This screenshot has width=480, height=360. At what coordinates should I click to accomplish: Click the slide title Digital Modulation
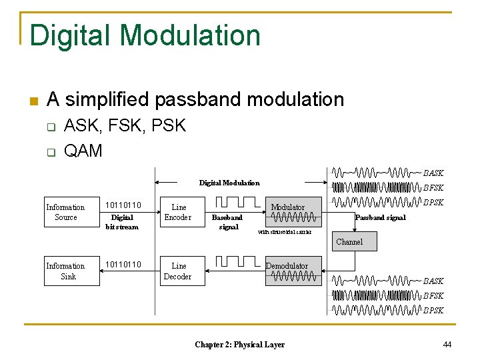coord(145,35)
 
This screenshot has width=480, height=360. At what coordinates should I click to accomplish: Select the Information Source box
coord(66,213)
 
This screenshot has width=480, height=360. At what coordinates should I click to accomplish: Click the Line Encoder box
coord(178,213)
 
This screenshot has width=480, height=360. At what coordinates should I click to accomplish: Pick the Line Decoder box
coord(178,271)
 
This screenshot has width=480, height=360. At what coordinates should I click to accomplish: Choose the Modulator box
coord(288,212)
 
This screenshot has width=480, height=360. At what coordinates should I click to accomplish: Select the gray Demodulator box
coord(287,271)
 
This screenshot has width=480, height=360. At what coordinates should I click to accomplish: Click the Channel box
coord(349,241)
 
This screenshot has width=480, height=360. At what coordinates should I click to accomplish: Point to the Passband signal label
coord(381,218)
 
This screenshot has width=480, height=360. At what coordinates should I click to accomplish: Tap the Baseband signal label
coord(227,222)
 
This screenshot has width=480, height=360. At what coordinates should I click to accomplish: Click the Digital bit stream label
coord(122,222)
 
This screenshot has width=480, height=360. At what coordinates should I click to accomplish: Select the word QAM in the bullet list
coord(83,151)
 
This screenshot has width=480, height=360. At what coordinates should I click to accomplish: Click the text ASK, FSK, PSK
coord(125,126)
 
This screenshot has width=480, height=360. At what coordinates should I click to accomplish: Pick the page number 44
coord(447,344)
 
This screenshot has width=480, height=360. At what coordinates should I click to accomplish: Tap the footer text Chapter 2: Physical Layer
coord(239,345)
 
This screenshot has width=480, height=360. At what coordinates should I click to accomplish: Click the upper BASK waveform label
coord(433,173)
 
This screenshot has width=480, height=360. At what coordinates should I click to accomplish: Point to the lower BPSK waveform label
coord(433,310)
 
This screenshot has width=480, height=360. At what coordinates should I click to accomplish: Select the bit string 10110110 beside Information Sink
coord(123,265)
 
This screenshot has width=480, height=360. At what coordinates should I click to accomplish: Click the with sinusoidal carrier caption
coord(285,232)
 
